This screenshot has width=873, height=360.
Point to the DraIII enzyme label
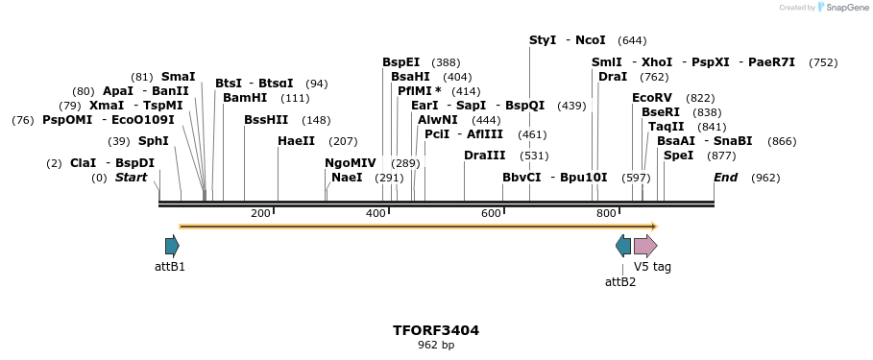484,156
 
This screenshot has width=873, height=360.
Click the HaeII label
296,141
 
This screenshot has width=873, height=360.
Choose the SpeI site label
678,156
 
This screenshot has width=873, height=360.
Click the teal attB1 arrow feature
172,246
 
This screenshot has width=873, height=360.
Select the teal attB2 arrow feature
623,246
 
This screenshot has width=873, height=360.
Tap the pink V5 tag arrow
645,246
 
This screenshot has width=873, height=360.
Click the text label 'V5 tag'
652,267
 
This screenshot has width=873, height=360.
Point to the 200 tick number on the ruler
260,213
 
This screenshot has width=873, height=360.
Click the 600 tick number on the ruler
491,213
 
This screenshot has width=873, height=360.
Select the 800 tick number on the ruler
606,213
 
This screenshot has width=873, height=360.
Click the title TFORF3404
435,330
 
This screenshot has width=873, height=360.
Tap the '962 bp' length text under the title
435,345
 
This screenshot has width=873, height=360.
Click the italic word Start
132,178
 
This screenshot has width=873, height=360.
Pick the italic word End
725,178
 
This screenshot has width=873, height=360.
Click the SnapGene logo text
846,8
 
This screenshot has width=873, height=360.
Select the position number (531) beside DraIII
534,156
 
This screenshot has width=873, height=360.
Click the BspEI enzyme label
401,62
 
